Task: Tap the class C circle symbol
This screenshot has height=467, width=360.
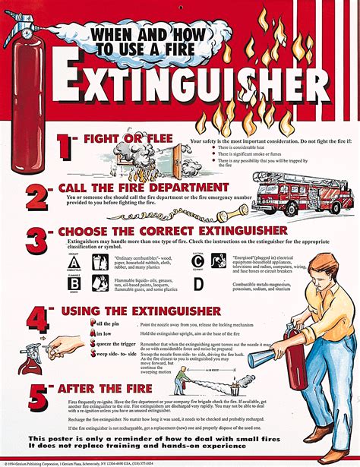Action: coord(198,261)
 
